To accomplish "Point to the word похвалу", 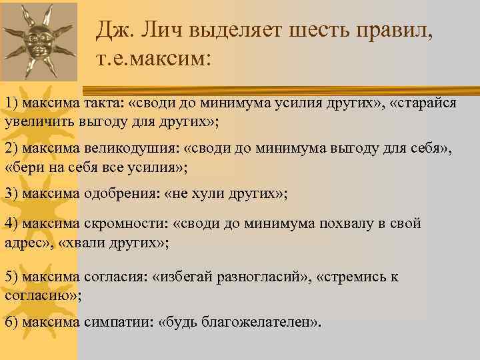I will [x=326, y=224].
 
